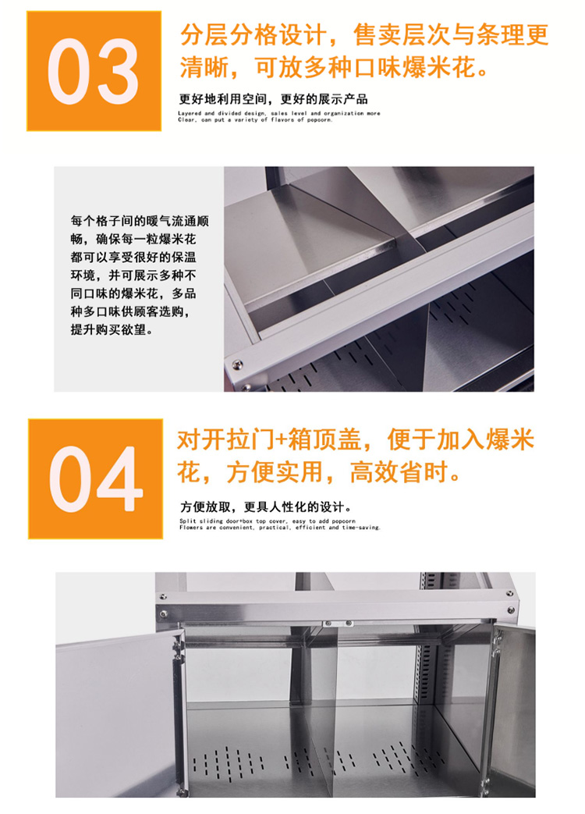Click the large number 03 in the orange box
94,72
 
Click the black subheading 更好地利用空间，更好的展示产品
273,100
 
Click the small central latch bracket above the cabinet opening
328,624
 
